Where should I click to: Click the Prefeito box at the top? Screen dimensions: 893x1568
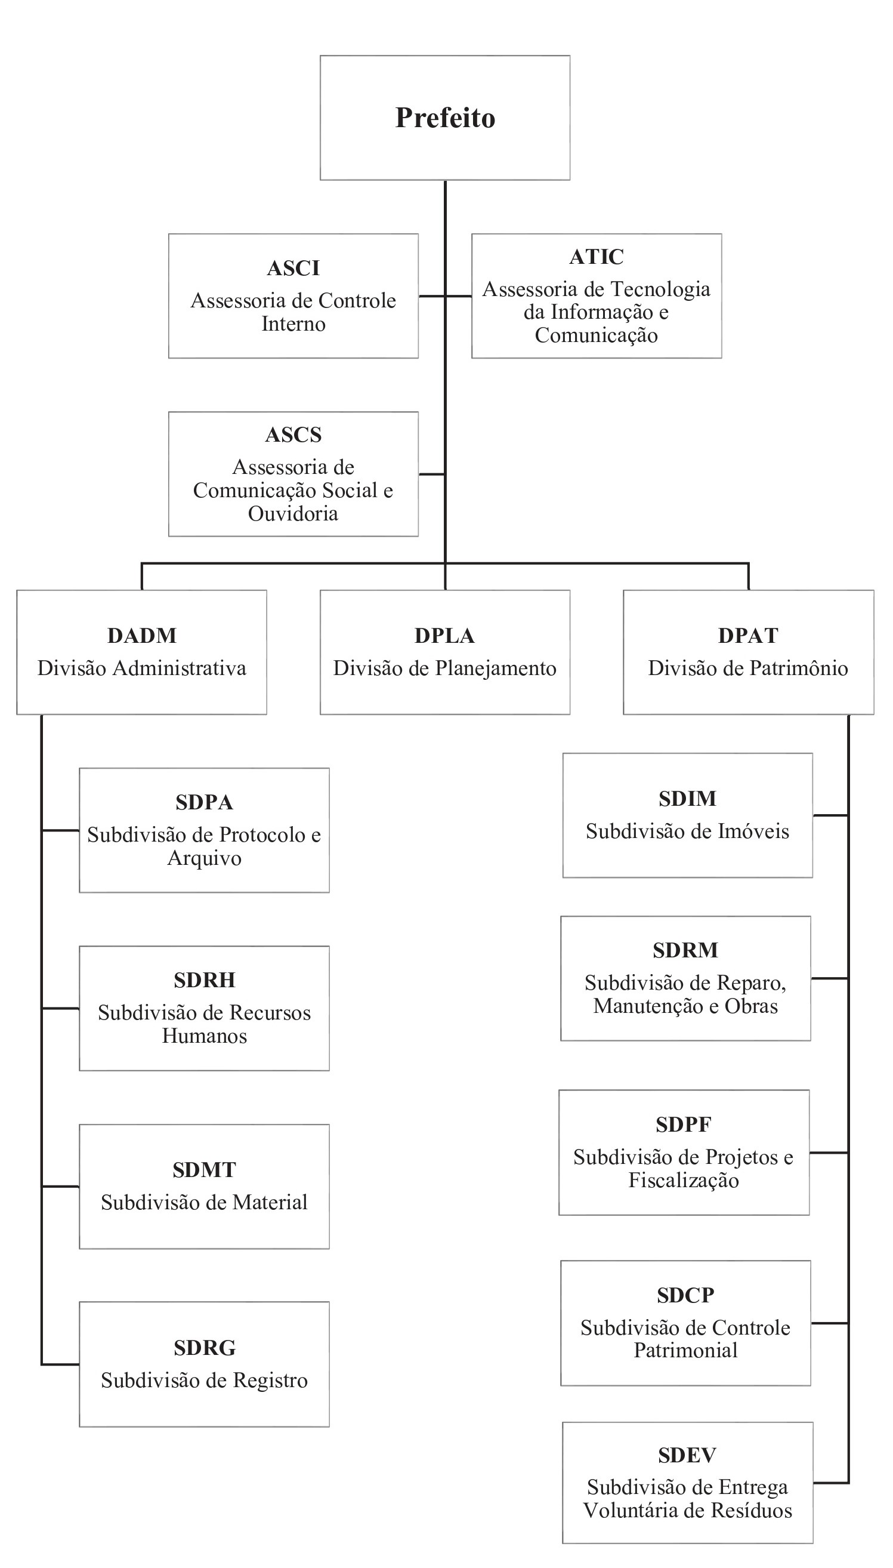444,118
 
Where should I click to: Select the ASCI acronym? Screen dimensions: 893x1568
293,268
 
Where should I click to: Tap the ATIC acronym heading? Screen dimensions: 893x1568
596,257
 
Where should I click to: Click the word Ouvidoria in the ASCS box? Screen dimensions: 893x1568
293,513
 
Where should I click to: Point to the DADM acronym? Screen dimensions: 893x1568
142,636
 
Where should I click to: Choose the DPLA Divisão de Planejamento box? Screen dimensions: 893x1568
444,652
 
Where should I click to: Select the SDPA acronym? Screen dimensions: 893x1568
204,802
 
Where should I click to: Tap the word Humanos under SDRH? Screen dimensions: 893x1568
204,1036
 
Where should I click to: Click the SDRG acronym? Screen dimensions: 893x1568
204,1348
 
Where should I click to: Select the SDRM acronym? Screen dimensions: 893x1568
685,950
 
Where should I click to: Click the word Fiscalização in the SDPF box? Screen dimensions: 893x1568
683,1180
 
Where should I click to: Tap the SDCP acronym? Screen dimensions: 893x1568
685,1295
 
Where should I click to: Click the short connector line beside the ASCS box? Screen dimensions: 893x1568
432,475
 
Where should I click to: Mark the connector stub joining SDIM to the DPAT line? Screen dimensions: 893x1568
830,815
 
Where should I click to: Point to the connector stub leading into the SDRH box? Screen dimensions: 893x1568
60,1008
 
